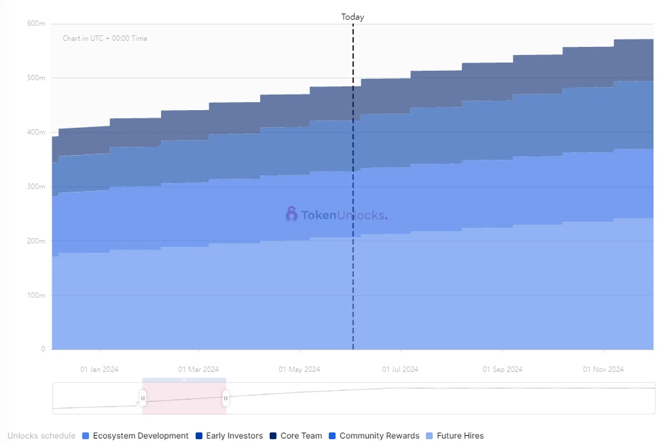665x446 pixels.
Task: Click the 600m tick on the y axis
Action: (36, 24)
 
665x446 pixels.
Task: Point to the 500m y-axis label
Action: (36, 78)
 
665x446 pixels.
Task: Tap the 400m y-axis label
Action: (36, 133)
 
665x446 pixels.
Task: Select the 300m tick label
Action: (36, 187)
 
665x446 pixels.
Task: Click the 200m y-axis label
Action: (36, 241)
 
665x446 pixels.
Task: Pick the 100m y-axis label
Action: (36, 296)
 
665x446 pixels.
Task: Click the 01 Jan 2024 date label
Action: (99, 370)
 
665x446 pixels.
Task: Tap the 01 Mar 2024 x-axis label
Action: (198, 370)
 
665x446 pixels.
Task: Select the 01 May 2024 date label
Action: (299, 370)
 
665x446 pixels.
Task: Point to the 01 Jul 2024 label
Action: (400, 370)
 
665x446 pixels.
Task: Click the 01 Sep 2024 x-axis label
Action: (503, 370)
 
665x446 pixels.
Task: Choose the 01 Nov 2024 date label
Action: (603, 370)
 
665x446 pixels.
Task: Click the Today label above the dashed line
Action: (353, 17)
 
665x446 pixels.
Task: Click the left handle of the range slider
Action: (143, 398)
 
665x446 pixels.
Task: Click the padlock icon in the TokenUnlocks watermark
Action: (291, 215)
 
